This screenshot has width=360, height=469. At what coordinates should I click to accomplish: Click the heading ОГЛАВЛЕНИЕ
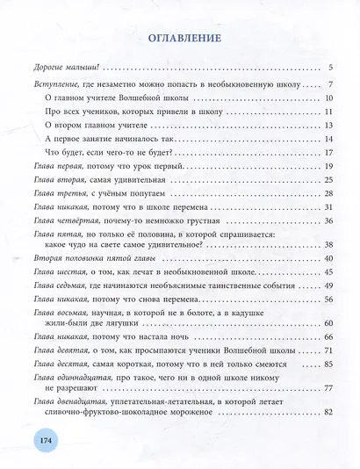(179, 39)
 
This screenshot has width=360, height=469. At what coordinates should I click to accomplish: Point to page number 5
(326, 68)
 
